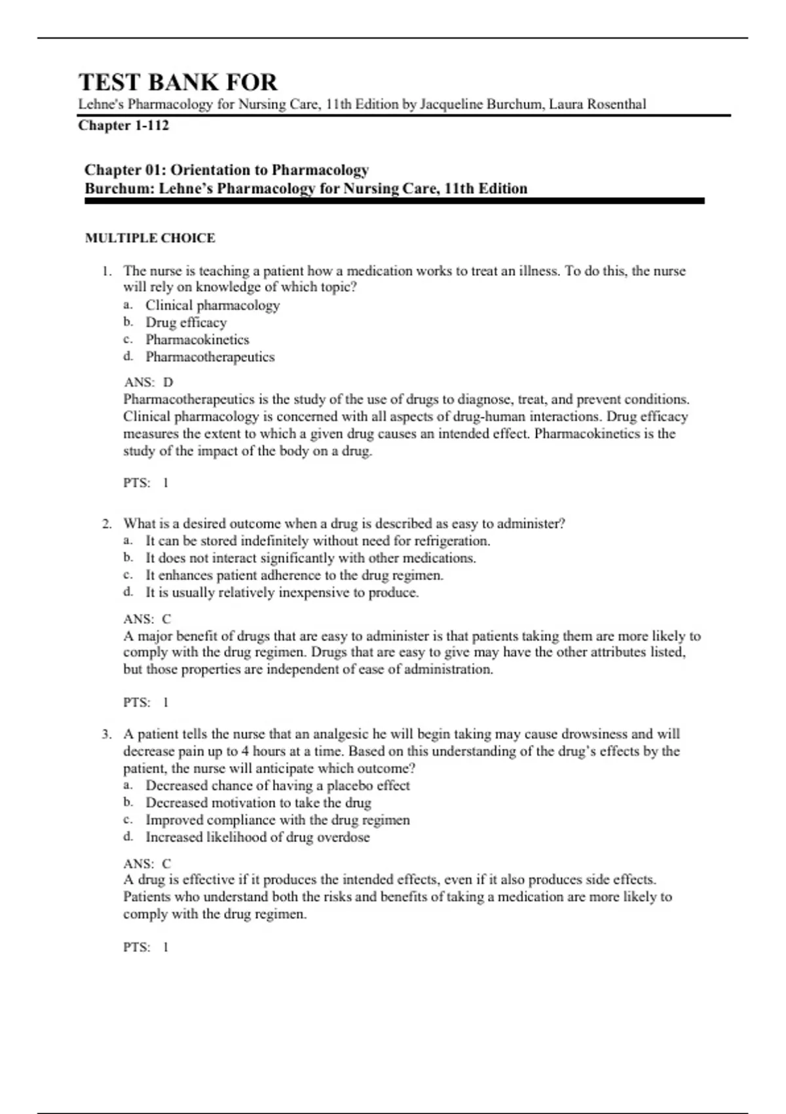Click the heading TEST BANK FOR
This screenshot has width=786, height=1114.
pyautogui.click(x=178, y=83)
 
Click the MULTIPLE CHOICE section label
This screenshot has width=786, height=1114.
pyautogui.click(x=150, y=239)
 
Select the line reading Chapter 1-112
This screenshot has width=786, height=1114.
pyautogui.click(x=123, y=125)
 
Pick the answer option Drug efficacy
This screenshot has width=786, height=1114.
pyautogui.click(x=186, y=322)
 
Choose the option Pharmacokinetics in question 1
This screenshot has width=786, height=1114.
pyautogui.click(x=197, y=339)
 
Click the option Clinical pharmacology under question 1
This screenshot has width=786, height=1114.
pyautogui.click(x=212, y=305)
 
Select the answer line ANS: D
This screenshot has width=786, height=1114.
pyautogui.click(x=148, y=382)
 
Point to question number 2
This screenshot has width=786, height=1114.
pyautogui.click(x=107, y=524)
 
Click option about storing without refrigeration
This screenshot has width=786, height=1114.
pyautogui.click(x=318, y=541)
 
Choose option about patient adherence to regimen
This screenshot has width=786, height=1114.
pyautogui.click(x=294, y=575)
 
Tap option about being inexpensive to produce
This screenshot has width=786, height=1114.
pyautogui.click(x=282, y=592)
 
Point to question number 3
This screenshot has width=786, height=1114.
pyautogui.click(x=107, y=734)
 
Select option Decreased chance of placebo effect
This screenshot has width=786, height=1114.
pyautogui.click(x=277, y=786)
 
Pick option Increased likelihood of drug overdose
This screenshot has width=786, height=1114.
pyautogui.click(x=257, y=837)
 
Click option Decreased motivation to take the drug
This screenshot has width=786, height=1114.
pyautogui.click(x=258, y=803)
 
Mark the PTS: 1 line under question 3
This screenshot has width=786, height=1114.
pyautogui.click(x=146, y=947)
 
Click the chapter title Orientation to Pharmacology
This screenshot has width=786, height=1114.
pyautogui.click(x=269, y=170)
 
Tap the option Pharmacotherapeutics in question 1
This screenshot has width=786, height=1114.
pyautogui.click(x=210, y=357)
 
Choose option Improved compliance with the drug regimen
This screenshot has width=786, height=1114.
pyautogui.click(x=277, y=820)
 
